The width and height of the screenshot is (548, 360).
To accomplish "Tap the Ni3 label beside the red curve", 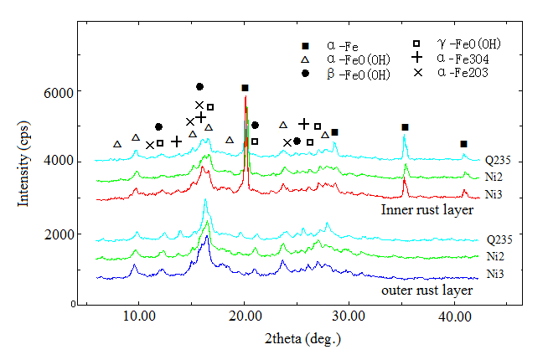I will click(494, 192).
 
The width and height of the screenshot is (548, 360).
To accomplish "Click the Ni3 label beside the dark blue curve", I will click(494, 274).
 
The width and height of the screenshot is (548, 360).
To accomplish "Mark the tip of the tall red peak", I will click(246, 96).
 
